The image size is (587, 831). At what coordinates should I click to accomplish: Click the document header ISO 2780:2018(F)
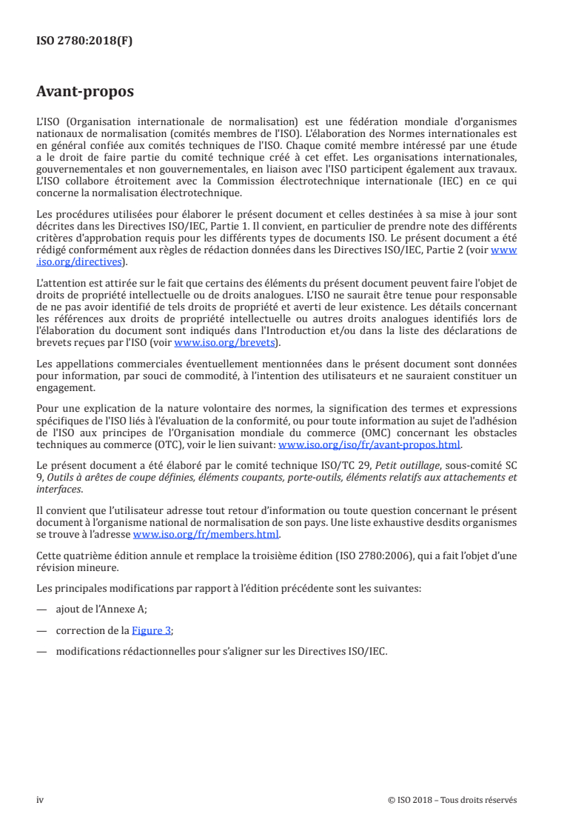[84, 41]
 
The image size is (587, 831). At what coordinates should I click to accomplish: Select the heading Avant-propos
[85, 92]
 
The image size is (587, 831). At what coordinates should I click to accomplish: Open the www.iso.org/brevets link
[224, 343]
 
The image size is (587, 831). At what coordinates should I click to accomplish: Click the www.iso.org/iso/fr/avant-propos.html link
[369, 445]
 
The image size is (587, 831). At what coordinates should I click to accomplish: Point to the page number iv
[40, 799]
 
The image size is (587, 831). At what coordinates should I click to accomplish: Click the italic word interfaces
[61, 488]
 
